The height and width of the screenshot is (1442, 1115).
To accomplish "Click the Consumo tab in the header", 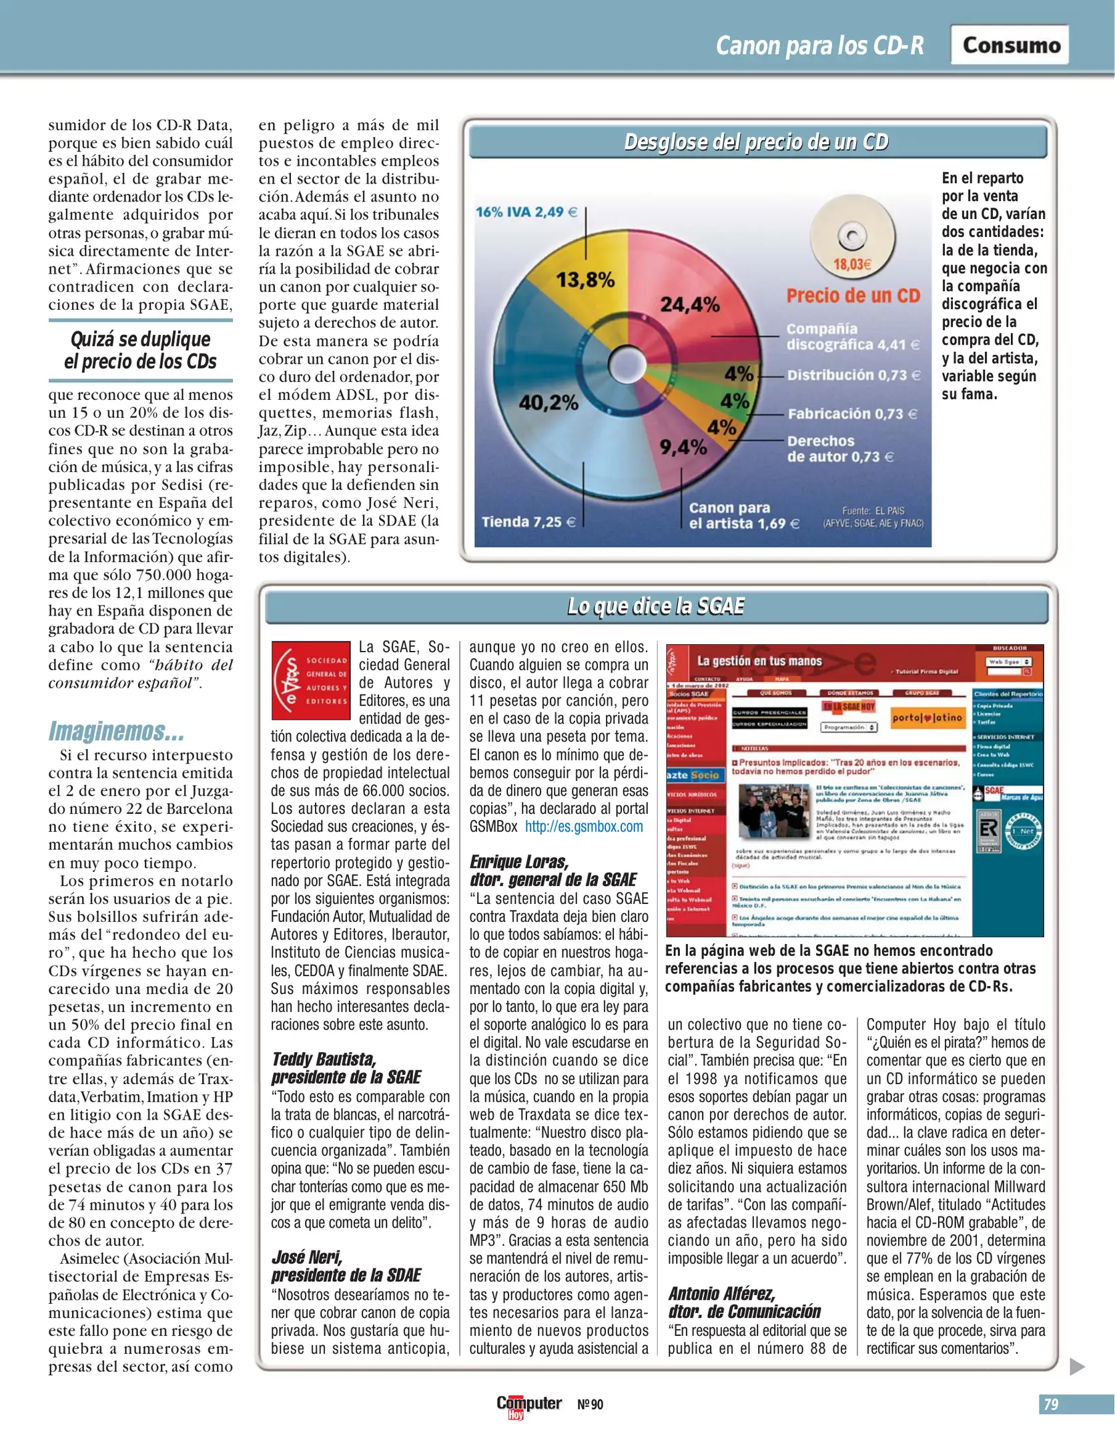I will (x=1010, y=45).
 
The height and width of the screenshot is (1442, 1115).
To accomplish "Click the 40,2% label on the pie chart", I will (x=548, y=403).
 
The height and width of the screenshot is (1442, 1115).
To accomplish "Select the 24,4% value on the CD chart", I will (x=689, y=305).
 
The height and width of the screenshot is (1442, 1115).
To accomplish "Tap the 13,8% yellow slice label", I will (x=585, y=280).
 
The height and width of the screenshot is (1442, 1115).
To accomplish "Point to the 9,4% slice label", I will (x=683, y=447).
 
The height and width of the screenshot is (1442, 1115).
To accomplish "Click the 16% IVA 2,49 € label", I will (x=526, y=212).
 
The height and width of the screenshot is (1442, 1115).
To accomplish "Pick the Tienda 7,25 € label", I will (x=528, y=521).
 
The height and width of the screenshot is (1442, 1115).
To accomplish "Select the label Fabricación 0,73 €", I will (x=852, y=414).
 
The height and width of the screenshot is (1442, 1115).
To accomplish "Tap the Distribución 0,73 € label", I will (x=853, y=375).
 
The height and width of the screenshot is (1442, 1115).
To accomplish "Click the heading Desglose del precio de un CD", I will (x=757, y=142).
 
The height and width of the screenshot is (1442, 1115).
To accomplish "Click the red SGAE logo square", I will (x=311, y=680).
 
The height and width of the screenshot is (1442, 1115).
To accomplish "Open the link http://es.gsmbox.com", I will (x=584, y=826).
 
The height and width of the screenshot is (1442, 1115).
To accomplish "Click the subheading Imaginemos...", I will (x=116, y=731).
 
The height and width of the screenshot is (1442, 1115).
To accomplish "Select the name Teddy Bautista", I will (x=324, y=1059).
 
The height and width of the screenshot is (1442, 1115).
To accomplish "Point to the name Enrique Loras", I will (x=519, y=861).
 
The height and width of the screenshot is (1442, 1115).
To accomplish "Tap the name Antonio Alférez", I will (x=722, y=1294).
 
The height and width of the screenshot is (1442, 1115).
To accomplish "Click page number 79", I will (x=1051, y=1404).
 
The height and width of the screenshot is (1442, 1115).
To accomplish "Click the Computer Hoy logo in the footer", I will (x=528, y=1405).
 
